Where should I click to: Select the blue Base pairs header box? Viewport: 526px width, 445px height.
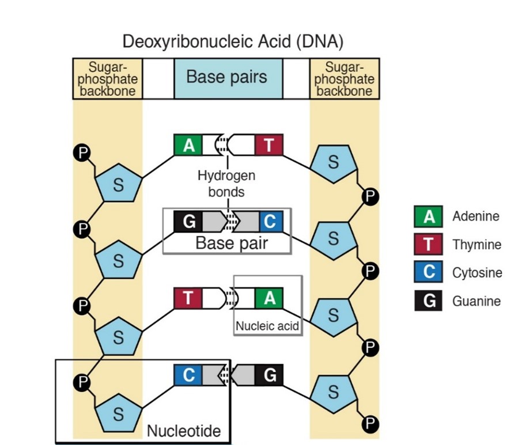click(228, 78)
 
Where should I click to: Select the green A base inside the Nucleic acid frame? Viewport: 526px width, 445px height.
click(268, 298)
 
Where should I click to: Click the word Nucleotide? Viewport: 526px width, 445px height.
click(183, 430)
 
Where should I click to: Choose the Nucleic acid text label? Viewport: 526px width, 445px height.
click(267, 326)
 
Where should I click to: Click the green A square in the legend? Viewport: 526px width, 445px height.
click(428, 216)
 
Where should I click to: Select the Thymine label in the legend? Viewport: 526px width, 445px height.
click(476, 245)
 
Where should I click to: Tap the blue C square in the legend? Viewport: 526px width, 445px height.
click(428, 272)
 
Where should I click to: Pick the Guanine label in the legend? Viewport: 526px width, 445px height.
click(475, 301)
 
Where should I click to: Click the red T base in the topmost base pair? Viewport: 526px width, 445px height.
click(268, 144)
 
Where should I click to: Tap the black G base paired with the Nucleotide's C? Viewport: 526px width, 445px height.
click(268, 375)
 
